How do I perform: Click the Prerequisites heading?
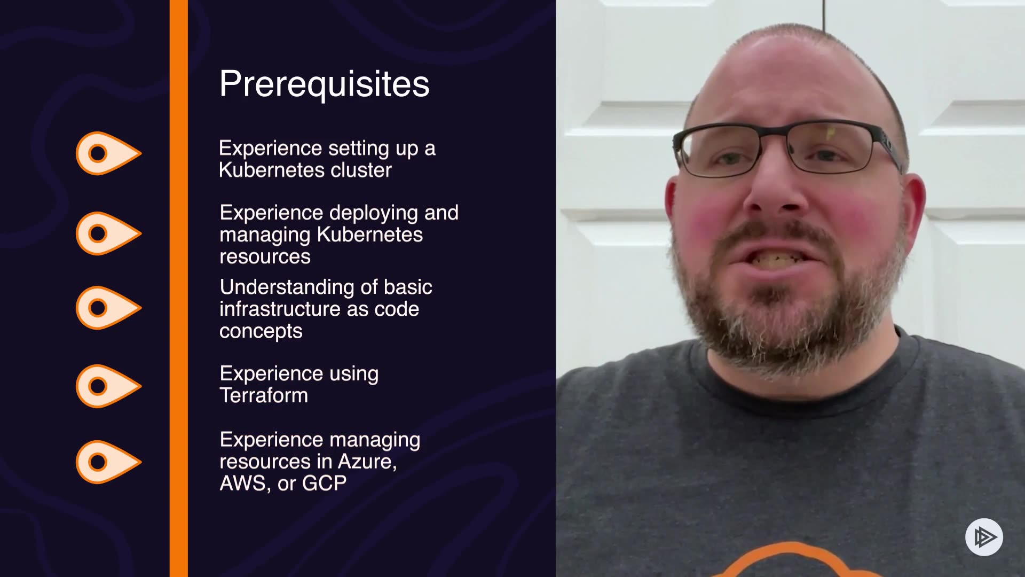[x=324, y=84]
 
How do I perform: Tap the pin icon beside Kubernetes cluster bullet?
[x=108, y=153]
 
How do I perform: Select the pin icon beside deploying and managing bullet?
[x=108, y=233]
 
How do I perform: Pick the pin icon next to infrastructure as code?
[x=108, y=308]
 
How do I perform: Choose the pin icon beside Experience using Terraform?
[x=108, y=386]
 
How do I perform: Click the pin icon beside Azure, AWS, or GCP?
[x=108, y=462]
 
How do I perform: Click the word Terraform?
[x=264, y=395]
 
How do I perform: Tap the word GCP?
[x=325, y=483]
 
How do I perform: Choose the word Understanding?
[x=287, y=287]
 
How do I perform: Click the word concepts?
[x=261, y=332]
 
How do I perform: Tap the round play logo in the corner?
[x=984, y=537]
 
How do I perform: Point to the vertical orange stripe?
[x=179, y=288]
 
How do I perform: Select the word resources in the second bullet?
[x=265, y=257]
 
